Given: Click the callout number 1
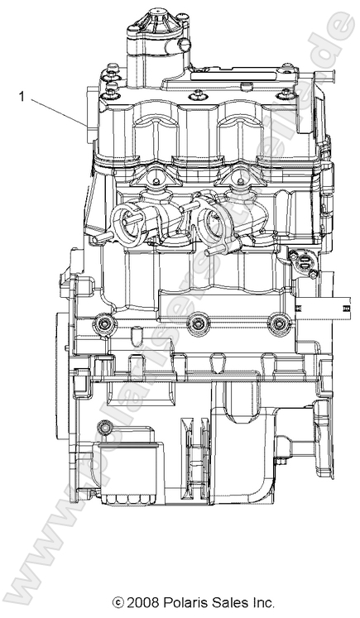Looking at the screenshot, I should (x=22, y=96).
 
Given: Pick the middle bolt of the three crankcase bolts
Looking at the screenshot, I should (x=197, y=325).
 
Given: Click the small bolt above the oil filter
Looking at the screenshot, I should (x=103, y=428).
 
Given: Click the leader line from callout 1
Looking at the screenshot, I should (x=58, y=111).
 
